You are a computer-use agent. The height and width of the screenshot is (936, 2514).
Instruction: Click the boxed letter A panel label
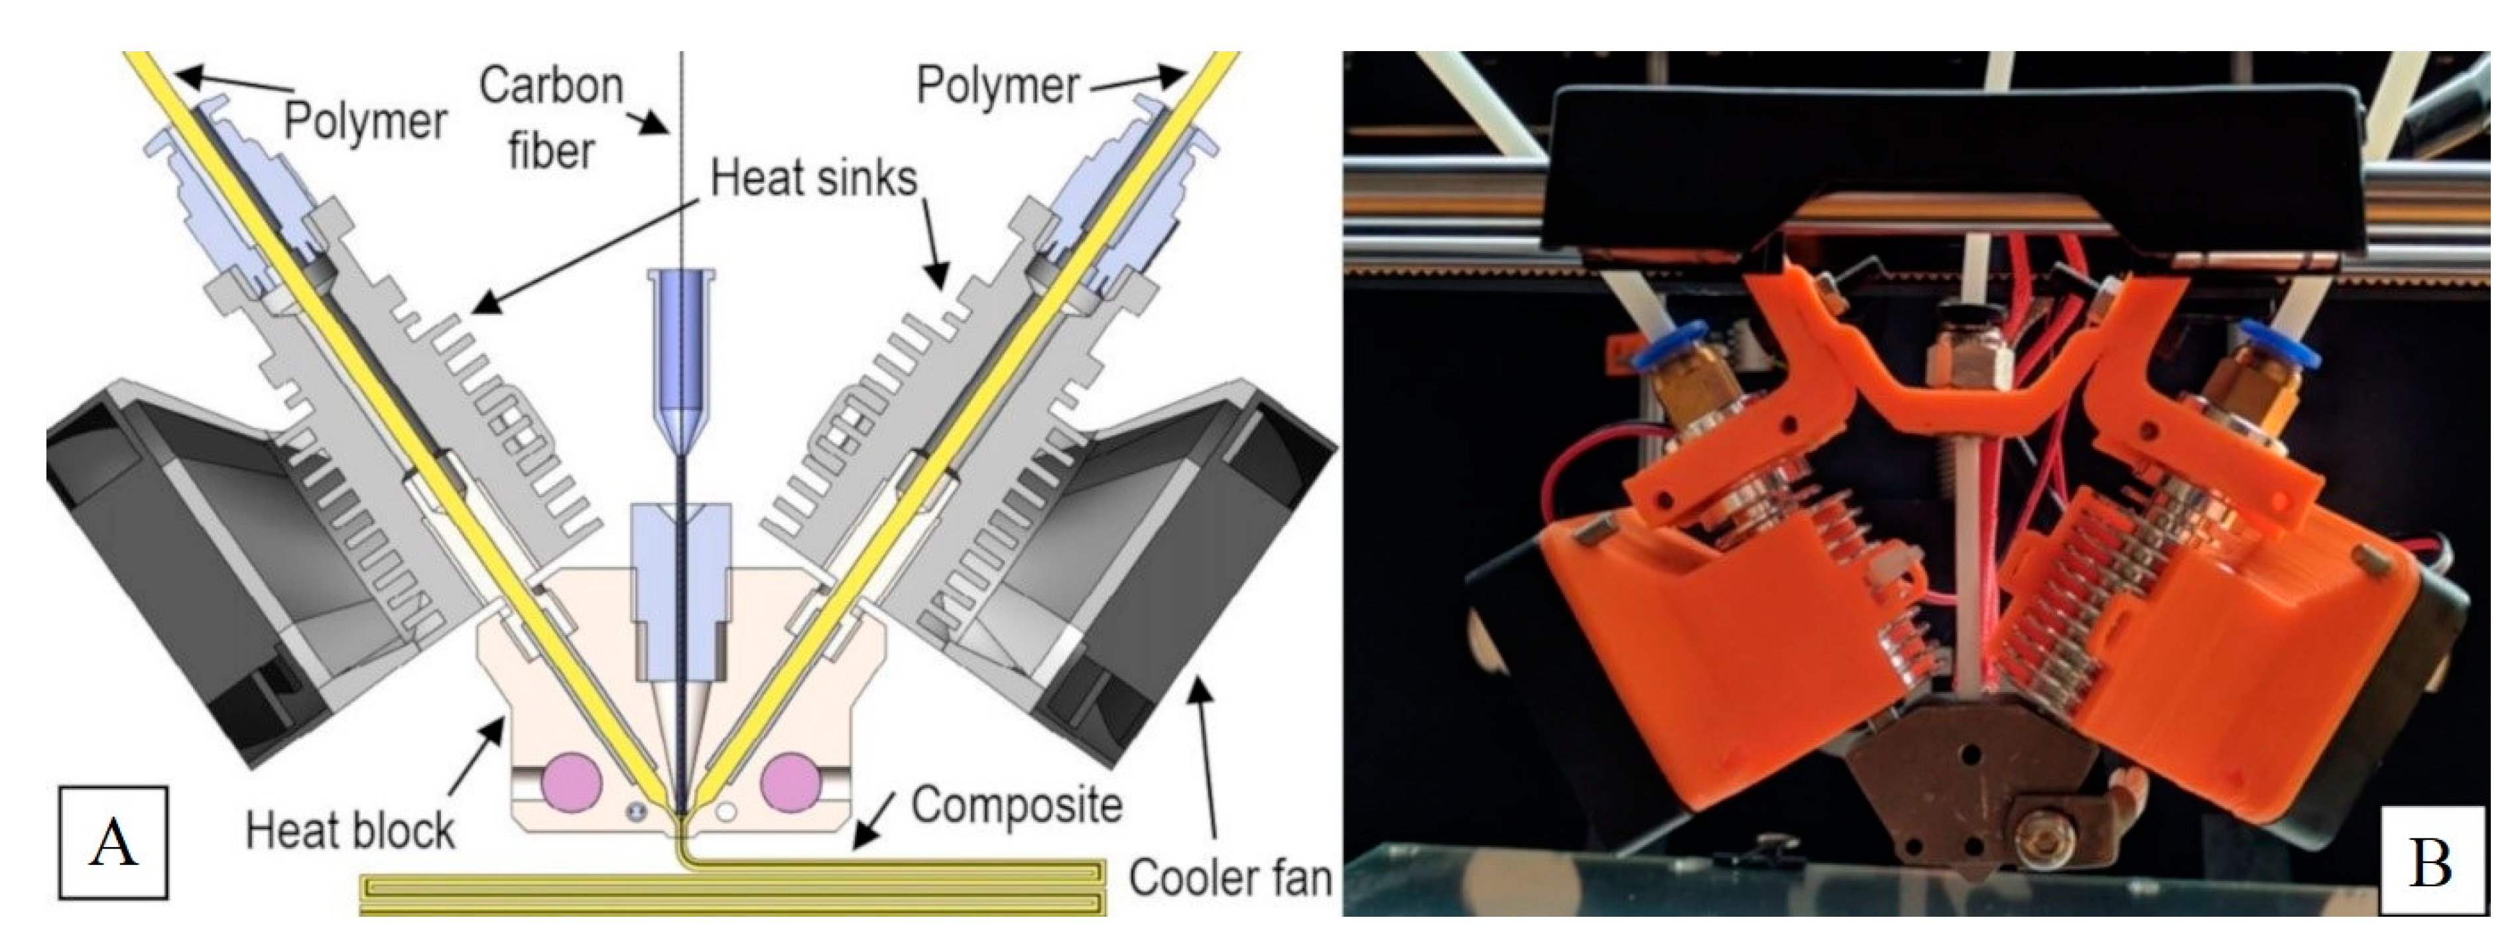[112, 842]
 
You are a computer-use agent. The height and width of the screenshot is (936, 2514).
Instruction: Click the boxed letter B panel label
[2429, 861]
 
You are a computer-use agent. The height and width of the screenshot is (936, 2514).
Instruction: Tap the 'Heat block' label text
[349, 831]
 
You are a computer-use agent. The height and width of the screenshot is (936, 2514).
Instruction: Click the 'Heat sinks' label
[814, 178]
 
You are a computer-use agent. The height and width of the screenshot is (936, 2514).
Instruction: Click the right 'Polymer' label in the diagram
[997, 86]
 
